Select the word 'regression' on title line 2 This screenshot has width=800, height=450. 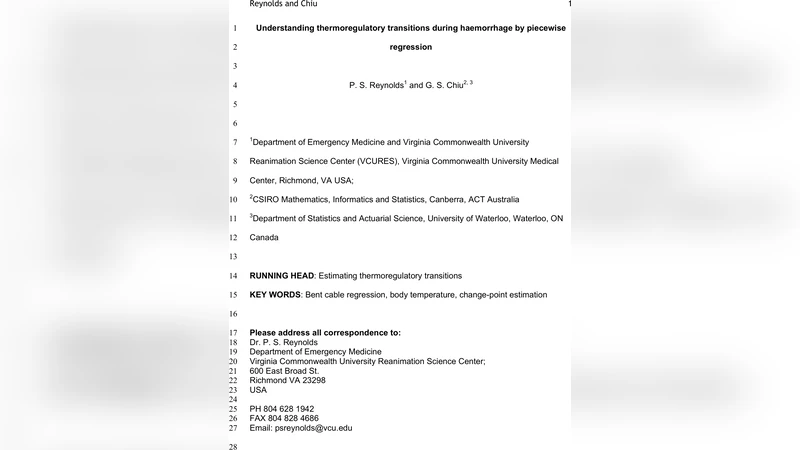click(411, 47)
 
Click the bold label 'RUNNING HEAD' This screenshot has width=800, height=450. click(282, 275)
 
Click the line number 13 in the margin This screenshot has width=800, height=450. click(233, 257)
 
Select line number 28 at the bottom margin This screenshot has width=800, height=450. click(233, 447)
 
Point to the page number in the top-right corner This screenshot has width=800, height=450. click(568, 4)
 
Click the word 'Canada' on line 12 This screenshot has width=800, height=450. click(264, 238)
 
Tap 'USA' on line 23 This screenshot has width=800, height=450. click(258, 390)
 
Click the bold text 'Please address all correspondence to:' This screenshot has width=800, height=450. click(325, 332)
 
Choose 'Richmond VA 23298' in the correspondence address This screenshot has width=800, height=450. click(287, 380)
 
